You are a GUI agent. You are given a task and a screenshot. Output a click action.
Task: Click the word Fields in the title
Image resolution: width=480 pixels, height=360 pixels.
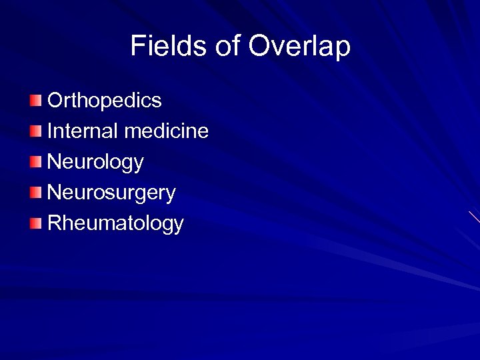click(169, 46)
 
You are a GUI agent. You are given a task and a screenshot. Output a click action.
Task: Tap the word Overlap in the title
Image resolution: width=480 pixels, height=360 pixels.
click(299, 47)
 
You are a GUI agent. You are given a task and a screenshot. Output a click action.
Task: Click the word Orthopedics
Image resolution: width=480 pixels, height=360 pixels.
click(105, 101)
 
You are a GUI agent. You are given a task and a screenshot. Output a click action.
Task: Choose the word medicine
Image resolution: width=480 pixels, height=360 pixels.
click(167, 131)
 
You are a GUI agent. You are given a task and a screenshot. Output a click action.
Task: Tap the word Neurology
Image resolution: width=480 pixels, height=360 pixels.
click(96, 162)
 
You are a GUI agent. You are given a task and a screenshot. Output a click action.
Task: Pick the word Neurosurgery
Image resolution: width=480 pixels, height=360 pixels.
click(112, 193)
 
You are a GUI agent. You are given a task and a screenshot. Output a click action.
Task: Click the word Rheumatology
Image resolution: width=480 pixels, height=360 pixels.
click(116, 224)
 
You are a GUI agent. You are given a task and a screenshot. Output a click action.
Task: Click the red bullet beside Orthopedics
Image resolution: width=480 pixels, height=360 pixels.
click(35, 101)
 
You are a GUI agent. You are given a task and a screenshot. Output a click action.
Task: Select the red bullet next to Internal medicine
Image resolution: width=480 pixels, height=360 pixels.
click(35, 131)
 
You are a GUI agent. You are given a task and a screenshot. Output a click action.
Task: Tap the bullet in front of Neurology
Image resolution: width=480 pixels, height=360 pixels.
click(35, 162)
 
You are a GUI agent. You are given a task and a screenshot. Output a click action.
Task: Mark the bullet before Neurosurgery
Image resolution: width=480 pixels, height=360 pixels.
click(35, 193)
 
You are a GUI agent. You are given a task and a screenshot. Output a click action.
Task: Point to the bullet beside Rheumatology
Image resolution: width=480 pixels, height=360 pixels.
click(35, 224)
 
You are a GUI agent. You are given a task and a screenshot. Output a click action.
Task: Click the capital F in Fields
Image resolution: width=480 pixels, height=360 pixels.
click(138, 46)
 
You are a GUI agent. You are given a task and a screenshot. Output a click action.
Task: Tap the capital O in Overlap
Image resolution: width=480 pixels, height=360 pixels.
click(260, 46)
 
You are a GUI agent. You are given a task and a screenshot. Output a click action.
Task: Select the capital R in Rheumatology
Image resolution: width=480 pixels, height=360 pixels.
click(55, 223)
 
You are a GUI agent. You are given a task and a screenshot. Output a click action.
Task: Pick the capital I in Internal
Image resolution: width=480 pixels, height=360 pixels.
click(50, 131)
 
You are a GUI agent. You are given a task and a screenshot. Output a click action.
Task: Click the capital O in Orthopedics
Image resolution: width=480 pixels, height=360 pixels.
click(56, 101)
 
